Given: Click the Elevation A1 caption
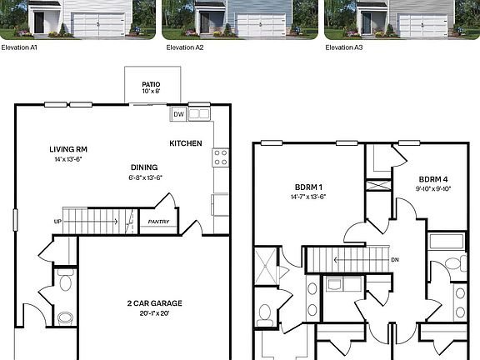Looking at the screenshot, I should point(21,47).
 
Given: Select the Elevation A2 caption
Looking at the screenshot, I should point(184,47).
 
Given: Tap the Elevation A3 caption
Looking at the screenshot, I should point(346,47).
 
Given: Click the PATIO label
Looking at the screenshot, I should point(150,84).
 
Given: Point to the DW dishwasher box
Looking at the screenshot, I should point(178,115).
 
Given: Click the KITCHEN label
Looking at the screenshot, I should point(186,143).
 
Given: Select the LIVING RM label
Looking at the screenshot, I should point(68,149).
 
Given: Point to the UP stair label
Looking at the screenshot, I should point(57,222).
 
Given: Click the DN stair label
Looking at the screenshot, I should point(395,259).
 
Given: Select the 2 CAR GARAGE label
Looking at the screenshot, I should point(154,302).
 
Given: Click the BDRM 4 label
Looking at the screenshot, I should point(433,179).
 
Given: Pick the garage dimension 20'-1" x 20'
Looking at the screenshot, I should point(154,313).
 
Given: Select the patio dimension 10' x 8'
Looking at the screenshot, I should point(150,92).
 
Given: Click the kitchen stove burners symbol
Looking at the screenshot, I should point(221,157).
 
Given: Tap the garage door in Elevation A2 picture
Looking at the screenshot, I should point(260,26).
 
